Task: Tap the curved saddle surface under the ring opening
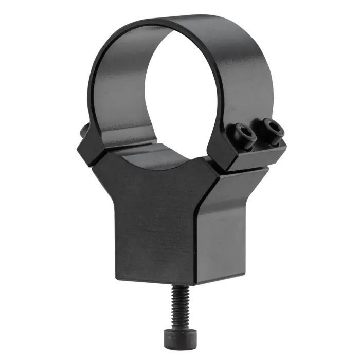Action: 154,157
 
